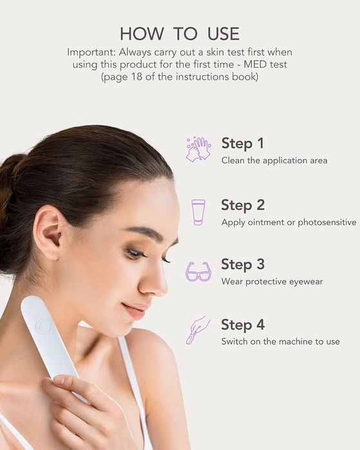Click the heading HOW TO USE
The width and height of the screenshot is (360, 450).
click(180, 33)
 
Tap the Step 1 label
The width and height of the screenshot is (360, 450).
click(242, 143)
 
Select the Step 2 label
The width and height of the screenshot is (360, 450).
click(243, 205)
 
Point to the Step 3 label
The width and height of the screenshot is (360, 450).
click(243, 264)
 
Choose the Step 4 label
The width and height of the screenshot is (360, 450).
click(243, 325)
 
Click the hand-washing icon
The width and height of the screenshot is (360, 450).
click(199, 149)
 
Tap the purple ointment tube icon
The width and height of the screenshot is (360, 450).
click(199, 212)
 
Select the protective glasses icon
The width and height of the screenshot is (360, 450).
click(199, 271)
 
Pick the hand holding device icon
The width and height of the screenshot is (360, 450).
click(198, 330)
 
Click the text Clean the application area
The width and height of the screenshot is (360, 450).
click(274, 161)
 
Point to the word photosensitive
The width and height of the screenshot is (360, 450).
click(327, 222)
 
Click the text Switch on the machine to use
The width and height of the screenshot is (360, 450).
click(280, 341)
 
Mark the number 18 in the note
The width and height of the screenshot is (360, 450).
click(137, 77)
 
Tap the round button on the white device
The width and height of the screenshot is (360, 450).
click(43, 327)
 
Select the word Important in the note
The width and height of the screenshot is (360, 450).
click(91, 53)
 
